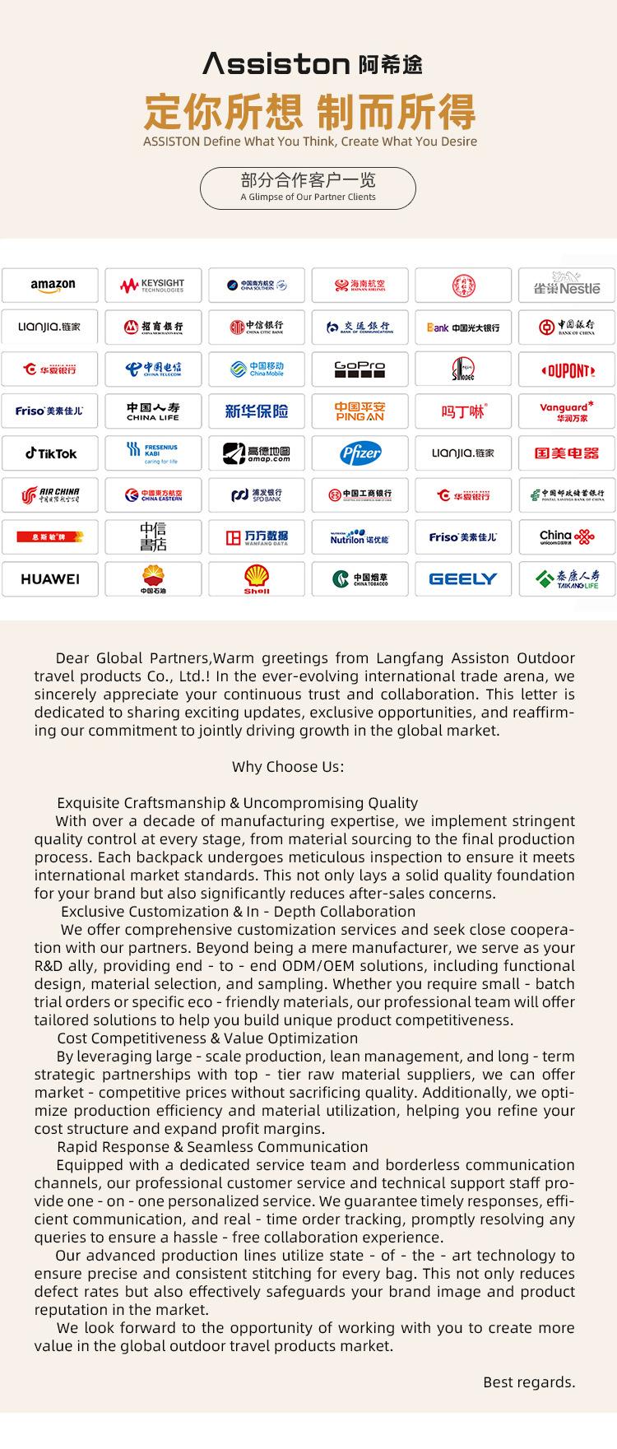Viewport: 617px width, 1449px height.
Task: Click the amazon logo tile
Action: tap(50, 286)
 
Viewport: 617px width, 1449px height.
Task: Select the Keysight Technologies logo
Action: tap(153, 286)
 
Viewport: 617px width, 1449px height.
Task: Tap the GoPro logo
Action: tap(360, 369)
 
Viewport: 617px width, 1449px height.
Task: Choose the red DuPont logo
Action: tap(567, 369)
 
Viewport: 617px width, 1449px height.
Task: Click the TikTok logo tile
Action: tap(50, 453)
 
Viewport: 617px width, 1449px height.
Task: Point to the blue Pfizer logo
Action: tap(360, 453)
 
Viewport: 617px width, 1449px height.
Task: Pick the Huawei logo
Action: tap(50, 579)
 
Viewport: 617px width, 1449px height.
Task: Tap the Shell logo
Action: tap(257, 579)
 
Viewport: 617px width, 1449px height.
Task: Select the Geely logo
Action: tap(463, 579)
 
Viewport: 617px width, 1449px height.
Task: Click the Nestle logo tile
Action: tap(567, 286)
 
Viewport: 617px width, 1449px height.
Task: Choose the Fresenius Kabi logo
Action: tap(153, 453)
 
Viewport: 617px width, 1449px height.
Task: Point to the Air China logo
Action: tap(50, 495)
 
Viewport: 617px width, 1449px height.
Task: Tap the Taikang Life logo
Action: tap(567, 579)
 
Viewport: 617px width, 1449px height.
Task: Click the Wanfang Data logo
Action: tap(257, 537)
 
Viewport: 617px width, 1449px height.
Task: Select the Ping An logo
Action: tap(360, 411)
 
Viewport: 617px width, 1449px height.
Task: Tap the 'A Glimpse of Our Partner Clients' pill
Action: tap(308, 188)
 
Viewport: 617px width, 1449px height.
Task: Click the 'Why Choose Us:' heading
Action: tap(288, 767)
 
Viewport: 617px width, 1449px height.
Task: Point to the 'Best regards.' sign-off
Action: tap(529, 1382)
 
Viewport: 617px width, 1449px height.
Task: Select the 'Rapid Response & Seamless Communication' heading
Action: tap(212, 1147)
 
